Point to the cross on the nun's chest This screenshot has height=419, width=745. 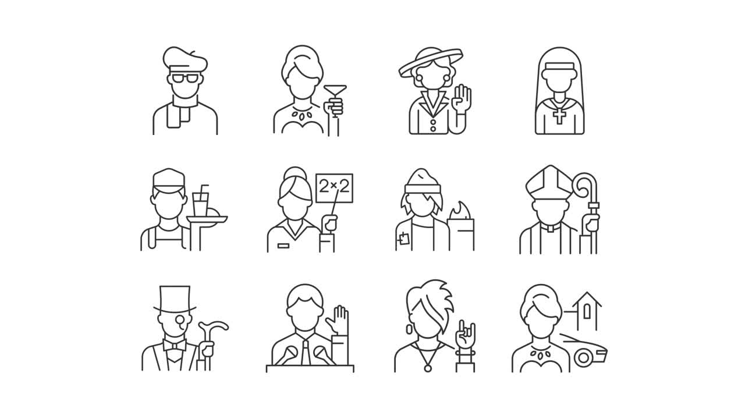[x=559, y=115]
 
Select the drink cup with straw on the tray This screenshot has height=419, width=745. [x=201, y=204]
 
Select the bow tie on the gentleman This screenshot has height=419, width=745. [x=175, y=345]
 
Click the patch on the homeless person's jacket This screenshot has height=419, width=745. [x=403, y=237]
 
